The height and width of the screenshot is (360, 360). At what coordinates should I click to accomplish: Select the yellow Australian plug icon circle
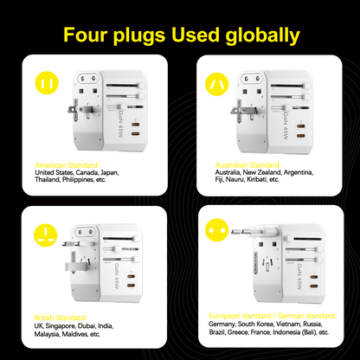(x=215, y=82)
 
